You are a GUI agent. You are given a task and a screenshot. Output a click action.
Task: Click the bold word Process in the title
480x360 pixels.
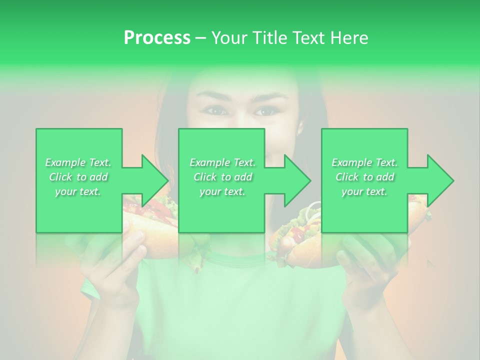[x=157, y=38]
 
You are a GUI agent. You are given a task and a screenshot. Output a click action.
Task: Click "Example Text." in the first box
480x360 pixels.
[x=78, y=162]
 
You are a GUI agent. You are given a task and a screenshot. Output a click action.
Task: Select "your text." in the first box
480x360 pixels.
[x=78, y=191]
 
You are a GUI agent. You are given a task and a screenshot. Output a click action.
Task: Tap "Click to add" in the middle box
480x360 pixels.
[x=222, y=177]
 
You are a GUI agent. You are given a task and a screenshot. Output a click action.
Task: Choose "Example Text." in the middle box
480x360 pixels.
[x=222, y=162]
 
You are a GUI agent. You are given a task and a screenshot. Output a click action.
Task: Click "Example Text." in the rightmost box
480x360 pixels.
[x=364, y=162]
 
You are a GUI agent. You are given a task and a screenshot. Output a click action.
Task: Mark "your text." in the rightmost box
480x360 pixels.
[x=364, y=191]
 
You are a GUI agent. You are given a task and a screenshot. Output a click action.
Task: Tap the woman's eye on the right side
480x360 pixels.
[x=263, y=111]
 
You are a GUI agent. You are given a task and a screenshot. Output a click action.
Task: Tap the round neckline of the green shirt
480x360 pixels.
[x=235, y=260]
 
